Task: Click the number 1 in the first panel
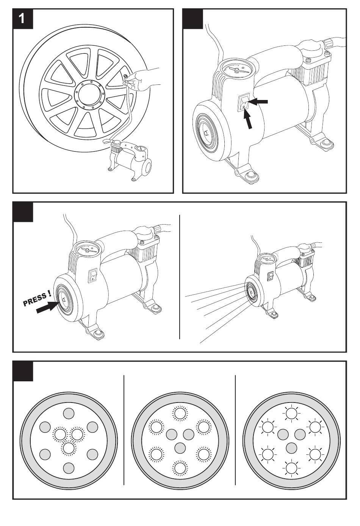pos(22,19)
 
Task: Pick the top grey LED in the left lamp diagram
pos(69,413)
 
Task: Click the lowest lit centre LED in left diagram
pos(69,448)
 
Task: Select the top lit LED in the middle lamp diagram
pos(180,413)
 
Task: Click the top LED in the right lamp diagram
pos(291,413)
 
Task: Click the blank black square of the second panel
pos(193,19)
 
